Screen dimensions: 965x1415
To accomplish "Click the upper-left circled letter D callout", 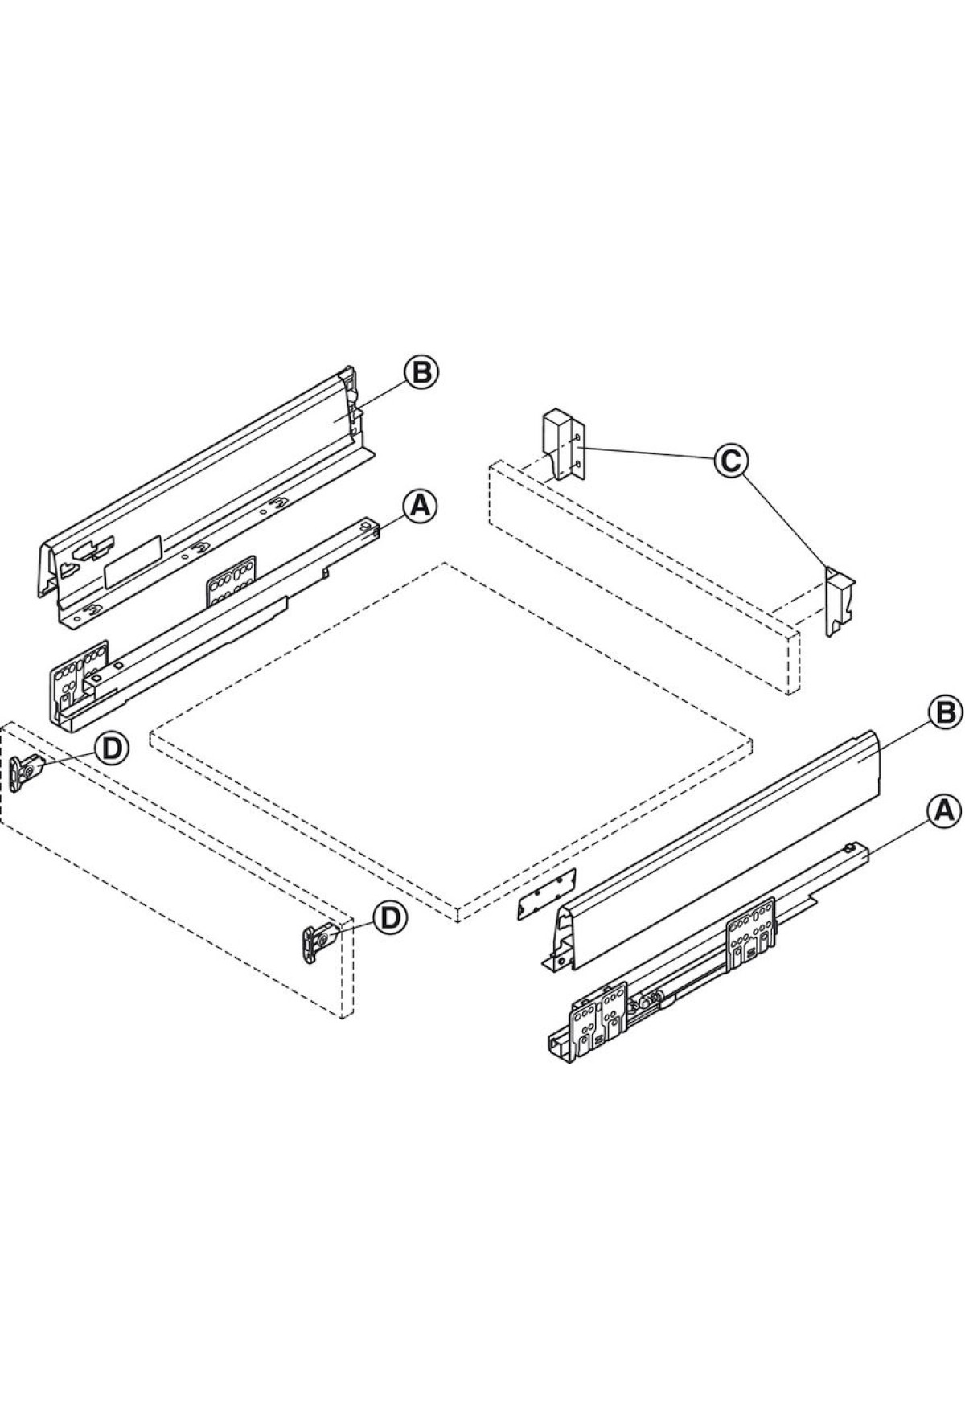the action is (x=111, y=748).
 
